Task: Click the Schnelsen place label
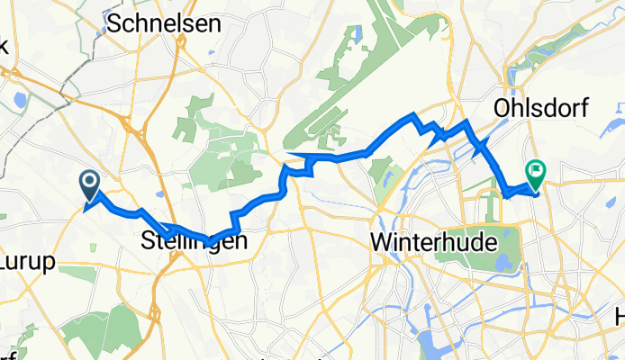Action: (164, 24)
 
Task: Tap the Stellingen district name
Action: (189, 241)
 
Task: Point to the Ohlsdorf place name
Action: (540, 109)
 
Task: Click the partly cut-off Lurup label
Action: (27, 261)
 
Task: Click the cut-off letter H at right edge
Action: (619, 317)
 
